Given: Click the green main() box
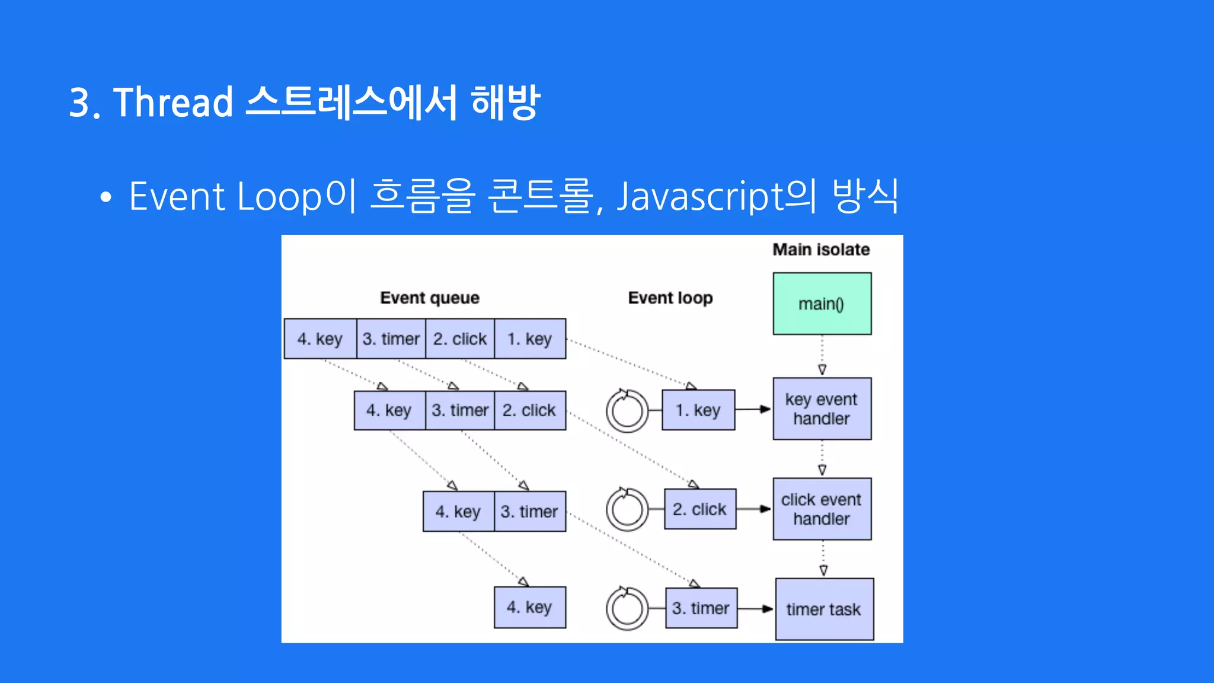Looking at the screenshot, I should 822,304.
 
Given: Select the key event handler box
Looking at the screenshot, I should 822,408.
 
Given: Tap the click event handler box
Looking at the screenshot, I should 822,509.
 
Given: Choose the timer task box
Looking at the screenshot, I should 824,609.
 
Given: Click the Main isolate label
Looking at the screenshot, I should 821,250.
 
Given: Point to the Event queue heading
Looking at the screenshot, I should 430,298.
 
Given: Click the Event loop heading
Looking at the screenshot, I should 670,298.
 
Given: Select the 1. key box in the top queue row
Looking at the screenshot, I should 530,339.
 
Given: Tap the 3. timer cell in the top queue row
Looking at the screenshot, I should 391,339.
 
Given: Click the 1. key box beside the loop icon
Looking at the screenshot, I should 698,410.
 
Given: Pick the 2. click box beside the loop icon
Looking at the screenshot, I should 699,509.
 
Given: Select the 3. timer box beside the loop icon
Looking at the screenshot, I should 701,608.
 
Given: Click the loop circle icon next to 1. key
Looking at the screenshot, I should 627,410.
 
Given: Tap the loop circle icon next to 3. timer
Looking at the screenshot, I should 627,608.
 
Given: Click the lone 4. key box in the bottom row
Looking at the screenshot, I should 530,607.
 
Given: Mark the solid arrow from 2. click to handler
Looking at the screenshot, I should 754,509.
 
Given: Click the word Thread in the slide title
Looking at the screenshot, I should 173,103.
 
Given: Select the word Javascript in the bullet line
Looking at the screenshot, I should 699,197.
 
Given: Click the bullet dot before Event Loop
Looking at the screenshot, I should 106,197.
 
